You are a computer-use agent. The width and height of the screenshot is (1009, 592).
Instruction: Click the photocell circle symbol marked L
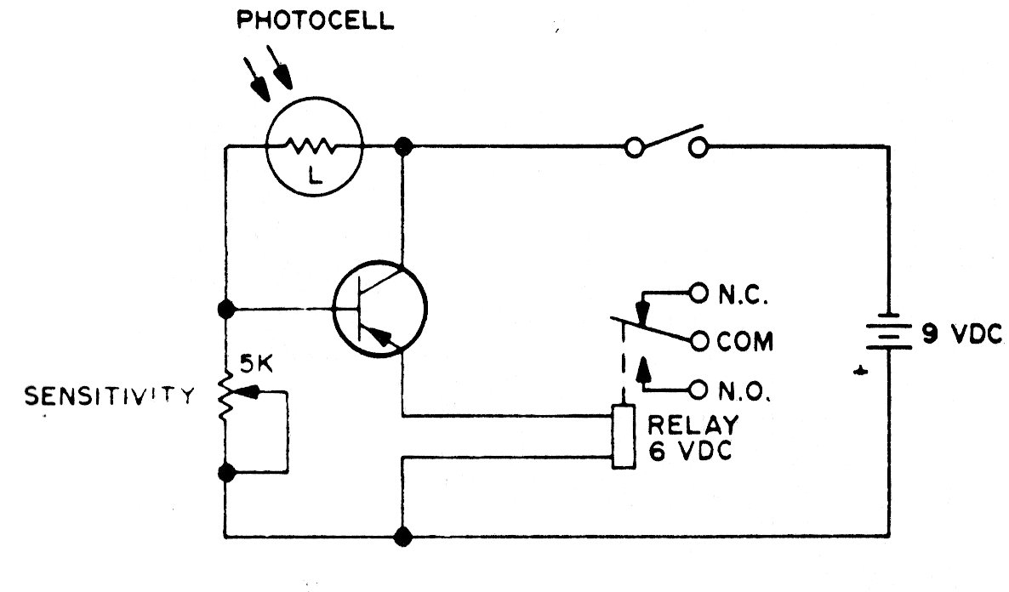(x=315, y=148)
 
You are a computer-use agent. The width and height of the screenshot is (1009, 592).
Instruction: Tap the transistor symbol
(x=379, y=308)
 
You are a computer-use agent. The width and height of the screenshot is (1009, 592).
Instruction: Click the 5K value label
(x=256, y=367)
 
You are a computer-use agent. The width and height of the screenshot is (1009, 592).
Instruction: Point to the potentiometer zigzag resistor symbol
(x=227, y=396)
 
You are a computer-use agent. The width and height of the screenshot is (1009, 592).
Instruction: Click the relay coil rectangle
(x=624, y=436)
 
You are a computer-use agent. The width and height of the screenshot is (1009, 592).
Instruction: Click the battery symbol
(x=888, y=334)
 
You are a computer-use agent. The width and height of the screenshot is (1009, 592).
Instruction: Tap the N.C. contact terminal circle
(x=698, y=294)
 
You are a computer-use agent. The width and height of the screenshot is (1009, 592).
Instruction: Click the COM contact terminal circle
(x=699, y=342)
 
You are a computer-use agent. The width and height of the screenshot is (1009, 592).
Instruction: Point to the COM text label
(x=745, y=343)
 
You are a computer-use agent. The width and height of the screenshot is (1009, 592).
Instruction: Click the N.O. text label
(x=745, y=391)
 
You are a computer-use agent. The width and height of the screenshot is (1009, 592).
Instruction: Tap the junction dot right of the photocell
(x=403, y=146)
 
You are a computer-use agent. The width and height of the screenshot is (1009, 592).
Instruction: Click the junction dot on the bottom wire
(x=403, y=536)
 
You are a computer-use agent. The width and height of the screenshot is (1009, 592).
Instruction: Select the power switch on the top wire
(x=666, y=144)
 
